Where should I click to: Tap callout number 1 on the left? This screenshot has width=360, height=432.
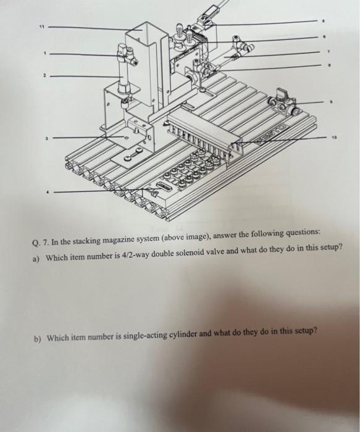(43, 53)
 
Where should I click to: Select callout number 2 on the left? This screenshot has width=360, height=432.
(44, 76)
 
